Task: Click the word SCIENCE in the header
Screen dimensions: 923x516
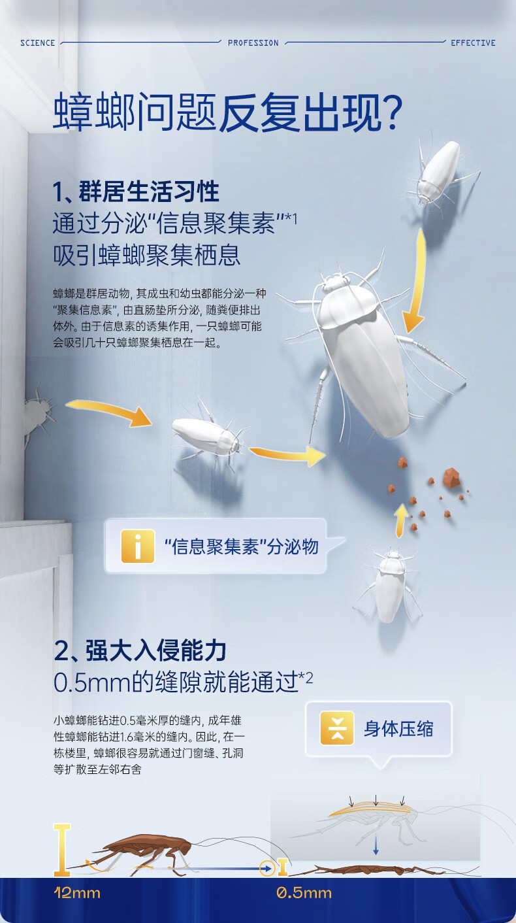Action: (x=37, y=43)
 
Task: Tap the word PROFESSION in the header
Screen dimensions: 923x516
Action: (x=253, y=43)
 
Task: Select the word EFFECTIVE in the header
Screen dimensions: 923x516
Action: (x=473, y=43)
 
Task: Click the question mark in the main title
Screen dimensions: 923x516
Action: (x=389, y=113)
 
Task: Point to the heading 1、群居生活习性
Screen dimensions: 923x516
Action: (x=136, y=192)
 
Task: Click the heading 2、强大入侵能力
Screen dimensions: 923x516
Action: (x=140, y=651)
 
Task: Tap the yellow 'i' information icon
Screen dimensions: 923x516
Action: (x=137, y=546)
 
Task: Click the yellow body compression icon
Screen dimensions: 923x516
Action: (x=336, y=728)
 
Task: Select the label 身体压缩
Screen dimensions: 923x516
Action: (x=398, y=729)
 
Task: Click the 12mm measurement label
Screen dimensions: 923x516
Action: (x=77, y=893)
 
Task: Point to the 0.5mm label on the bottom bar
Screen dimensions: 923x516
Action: (x=304, y=893)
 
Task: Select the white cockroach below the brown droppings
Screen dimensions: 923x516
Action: (x=390, y=584)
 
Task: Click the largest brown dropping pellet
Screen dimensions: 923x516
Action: (x=451, y=478)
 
